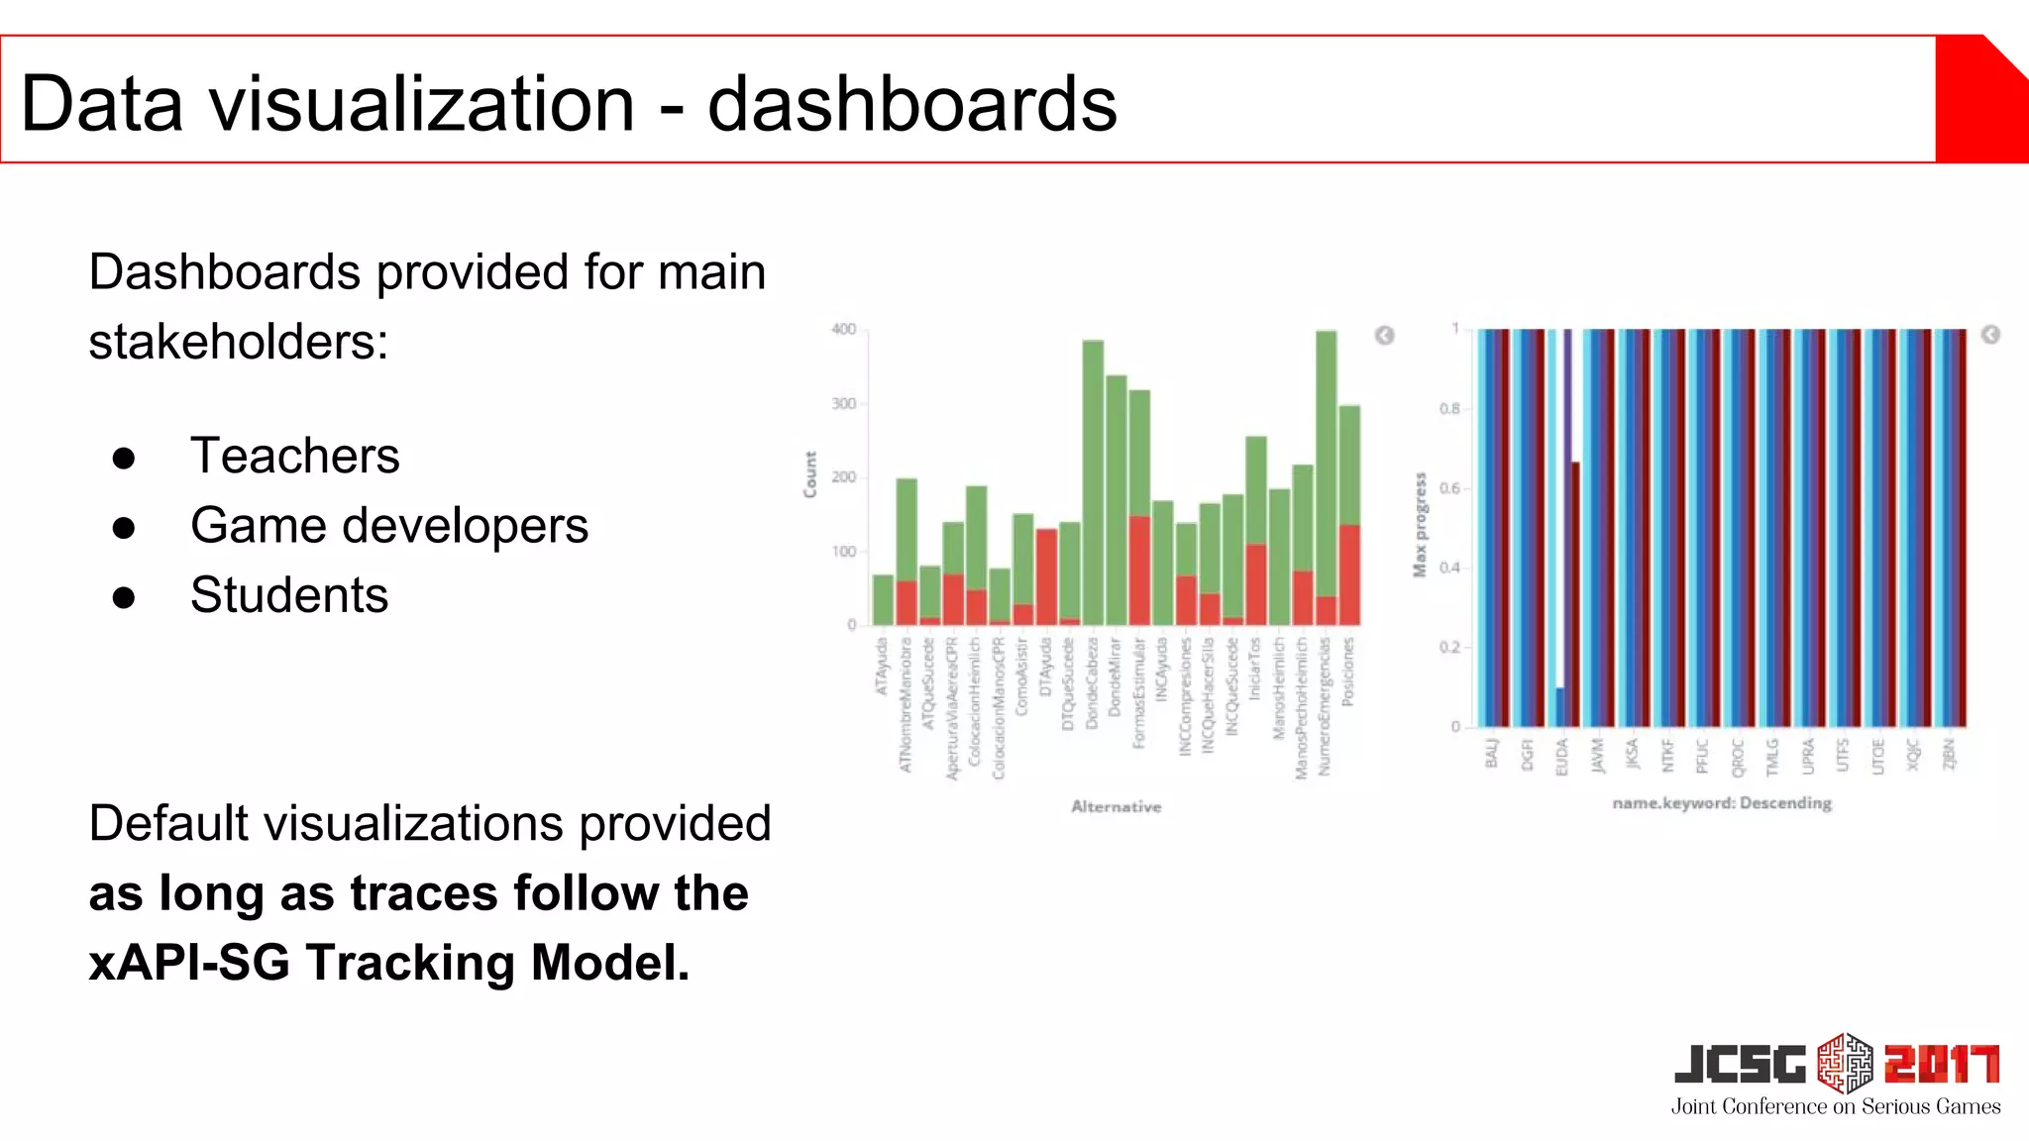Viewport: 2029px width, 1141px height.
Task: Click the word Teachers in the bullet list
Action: point(294,456)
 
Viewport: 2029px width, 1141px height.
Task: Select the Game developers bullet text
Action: point(388,526)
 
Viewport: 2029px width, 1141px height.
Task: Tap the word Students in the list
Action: point(289,595)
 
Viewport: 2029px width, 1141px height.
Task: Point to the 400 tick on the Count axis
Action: point(843,330)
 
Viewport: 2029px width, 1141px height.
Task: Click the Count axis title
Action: point(810,474)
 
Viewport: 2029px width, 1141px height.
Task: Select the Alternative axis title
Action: point(1116,807)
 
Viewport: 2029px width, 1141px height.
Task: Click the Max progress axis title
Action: point(1420,524)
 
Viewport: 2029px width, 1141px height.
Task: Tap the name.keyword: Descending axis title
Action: point(1722,803)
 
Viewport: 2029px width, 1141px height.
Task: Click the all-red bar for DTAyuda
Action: point(1046,576)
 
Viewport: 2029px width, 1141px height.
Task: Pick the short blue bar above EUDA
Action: point(1559,707)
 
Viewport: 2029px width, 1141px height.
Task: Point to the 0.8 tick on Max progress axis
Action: point(1449,408)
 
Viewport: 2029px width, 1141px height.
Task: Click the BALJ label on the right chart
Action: point(1491,753)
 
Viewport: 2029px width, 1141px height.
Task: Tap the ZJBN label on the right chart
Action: point(1948,753)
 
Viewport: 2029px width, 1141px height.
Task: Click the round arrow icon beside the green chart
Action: point(1385,336)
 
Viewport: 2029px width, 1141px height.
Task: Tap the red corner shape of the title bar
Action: point(1981,99)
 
